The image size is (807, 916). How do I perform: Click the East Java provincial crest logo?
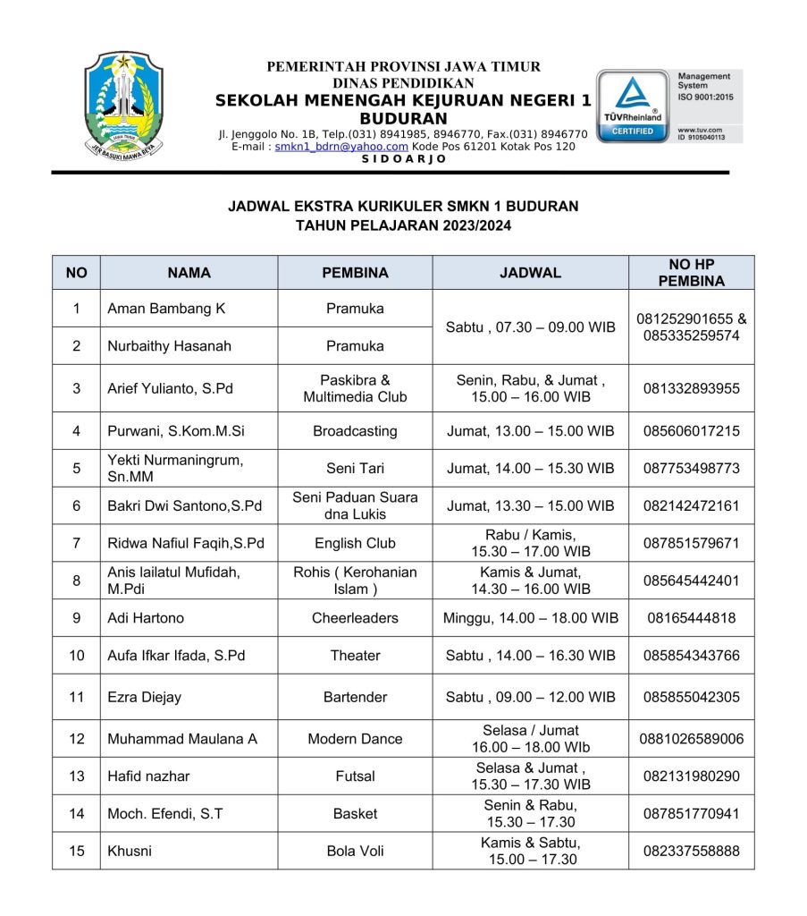124,104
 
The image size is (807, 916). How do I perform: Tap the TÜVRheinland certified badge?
634,106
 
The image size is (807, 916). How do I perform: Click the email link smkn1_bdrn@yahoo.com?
341,147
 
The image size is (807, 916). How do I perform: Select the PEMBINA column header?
355,273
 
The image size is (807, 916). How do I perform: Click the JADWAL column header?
530,273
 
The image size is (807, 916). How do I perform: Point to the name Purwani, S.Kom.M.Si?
176,431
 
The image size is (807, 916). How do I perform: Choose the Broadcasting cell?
355,431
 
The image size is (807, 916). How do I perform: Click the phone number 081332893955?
692,389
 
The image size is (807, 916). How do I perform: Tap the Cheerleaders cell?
355,618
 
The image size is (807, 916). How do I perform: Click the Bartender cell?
355,697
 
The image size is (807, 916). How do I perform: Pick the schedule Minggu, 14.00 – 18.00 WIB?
530,618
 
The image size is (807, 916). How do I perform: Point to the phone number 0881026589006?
692,739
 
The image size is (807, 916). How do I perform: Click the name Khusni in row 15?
130,851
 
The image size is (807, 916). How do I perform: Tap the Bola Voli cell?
355,851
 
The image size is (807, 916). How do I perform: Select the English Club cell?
355,543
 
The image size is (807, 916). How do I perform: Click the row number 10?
77,656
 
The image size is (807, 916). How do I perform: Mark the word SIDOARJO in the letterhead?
404,159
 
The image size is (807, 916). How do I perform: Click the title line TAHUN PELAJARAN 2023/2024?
403,226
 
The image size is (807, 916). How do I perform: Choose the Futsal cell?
355,776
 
